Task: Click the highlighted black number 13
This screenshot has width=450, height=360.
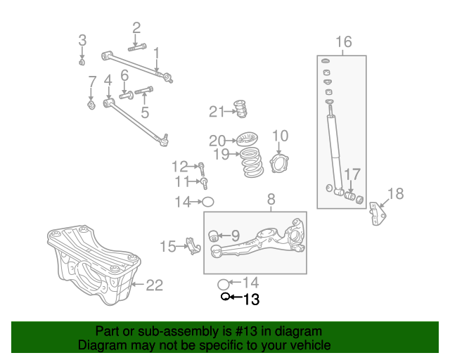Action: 251,300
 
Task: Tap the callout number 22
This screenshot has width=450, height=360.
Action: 154,285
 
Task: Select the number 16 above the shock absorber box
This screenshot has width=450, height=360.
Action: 342,43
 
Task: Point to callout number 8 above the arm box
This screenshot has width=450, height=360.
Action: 272,201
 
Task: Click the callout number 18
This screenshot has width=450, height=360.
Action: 396,193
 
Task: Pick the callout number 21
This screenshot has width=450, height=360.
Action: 216,111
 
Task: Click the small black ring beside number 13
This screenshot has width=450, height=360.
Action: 225,297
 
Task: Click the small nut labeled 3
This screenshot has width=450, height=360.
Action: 82,62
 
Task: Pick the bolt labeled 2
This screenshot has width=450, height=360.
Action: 137,47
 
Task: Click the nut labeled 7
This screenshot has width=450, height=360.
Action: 91,106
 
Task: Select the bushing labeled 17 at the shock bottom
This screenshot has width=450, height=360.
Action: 351,195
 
